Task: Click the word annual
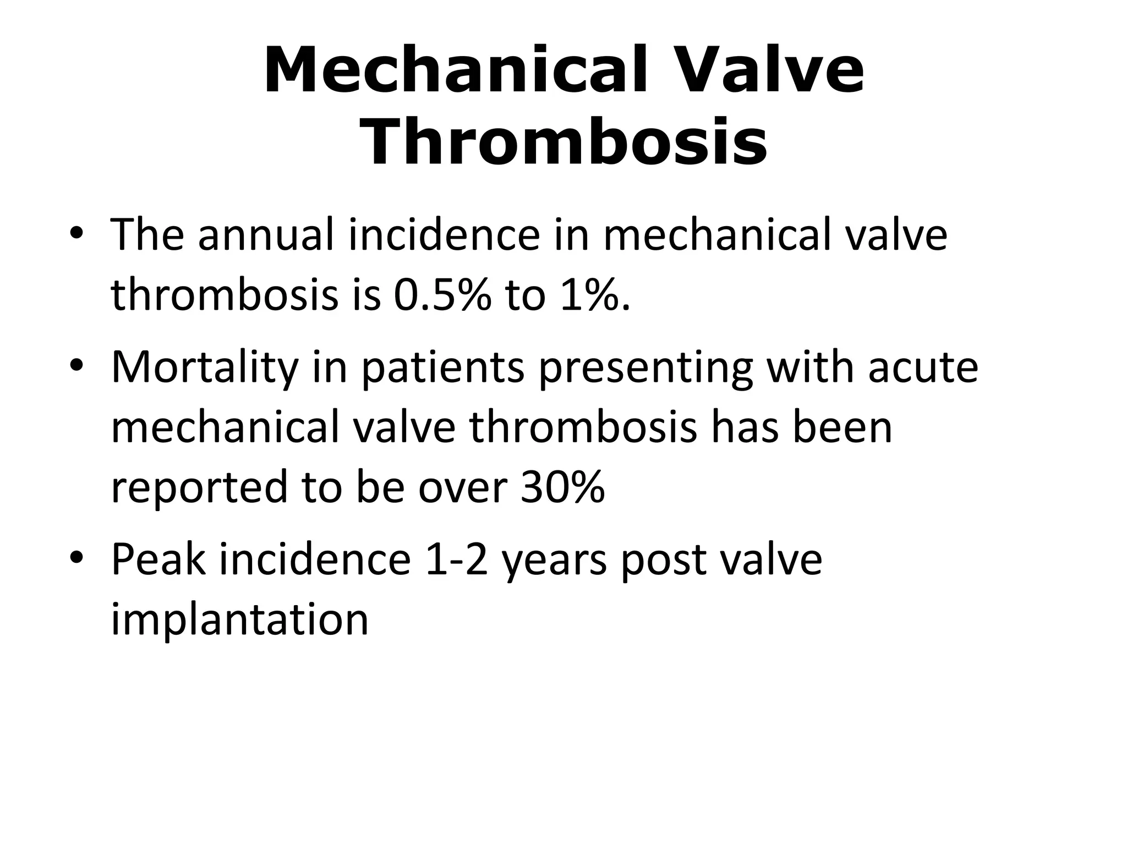point(265,235)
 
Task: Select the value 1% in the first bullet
point(592,295)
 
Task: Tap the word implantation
point(239,619)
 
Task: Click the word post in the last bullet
point(664,559)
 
